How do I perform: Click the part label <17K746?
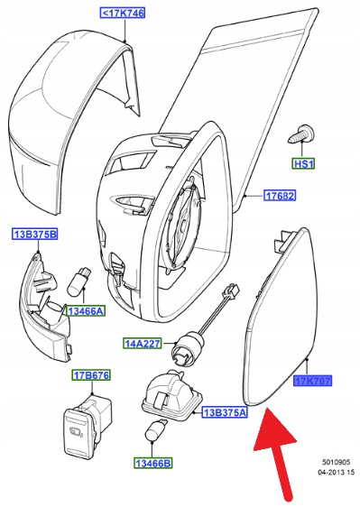point(123,14)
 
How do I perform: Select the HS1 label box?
point(303,163)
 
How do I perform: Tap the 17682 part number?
point(280,195)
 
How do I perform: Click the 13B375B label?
point(35,234)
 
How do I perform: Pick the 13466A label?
point(86,311)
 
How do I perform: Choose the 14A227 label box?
point(143,343)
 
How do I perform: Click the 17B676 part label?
point(91,375)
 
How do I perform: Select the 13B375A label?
point(225,412)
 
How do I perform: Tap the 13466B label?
point(153,463)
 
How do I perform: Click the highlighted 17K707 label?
point(313,381)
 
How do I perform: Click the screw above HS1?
point(300,134)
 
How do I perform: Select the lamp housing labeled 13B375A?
point(172,394)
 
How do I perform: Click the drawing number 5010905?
point(336,463)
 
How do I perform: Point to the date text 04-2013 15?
point(336,473)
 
